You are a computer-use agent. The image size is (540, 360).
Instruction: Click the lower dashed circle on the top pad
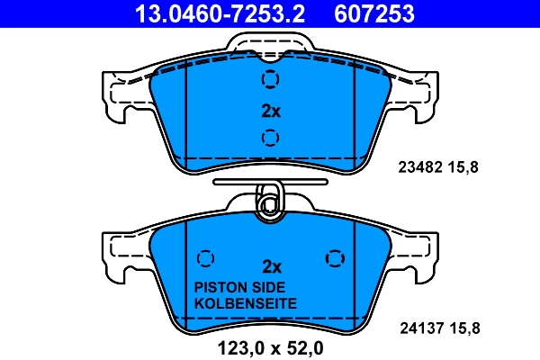tap(269, 138)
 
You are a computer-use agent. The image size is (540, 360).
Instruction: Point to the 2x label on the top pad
tap(271, 112)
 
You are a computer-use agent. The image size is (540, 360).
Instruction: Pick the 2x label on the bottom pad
tap(271, 266)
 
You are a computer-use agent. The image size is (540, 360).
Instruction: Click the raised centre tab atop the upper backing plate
tap(270, 42)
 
